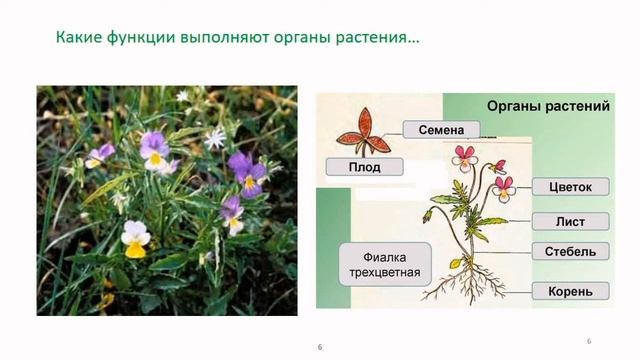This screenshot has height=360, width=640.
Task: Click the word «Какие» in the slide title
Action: click(x=77, y=40)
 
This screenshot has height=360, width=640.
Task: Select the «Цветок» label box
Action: click(x=565, y=187)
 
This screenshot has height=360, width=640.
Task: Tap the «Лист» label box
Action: click(x=565, y=221)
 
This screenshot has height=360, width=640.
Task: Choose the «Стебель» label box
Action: click(x=565, y=251)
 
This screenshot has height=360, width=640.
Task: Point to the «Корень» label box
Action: click(x=565, y=291)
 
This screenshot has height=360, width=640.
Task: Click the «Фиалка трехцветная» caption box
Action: click(x=378, y=262)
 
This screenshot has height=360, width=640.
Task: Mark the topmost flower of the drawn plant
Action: click(x=465, y=155)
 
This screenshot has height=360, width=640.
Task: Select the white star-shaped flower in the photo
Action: click(x=215, y=137)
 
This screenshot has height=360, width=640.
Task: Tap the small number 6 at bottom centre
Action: click(x=319, y=346)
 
